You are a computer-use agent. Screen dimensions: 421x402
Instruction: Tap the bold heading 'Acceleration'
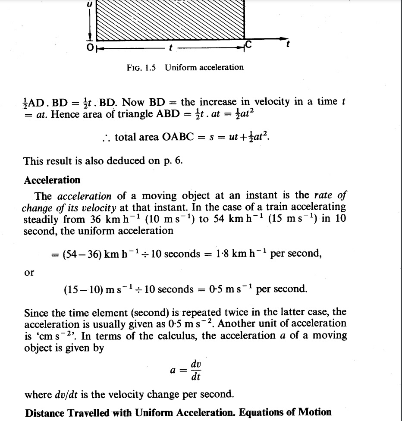(52, 180)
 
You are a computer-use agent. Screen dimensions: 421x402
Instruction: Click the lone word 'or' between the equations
(29, 272)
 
